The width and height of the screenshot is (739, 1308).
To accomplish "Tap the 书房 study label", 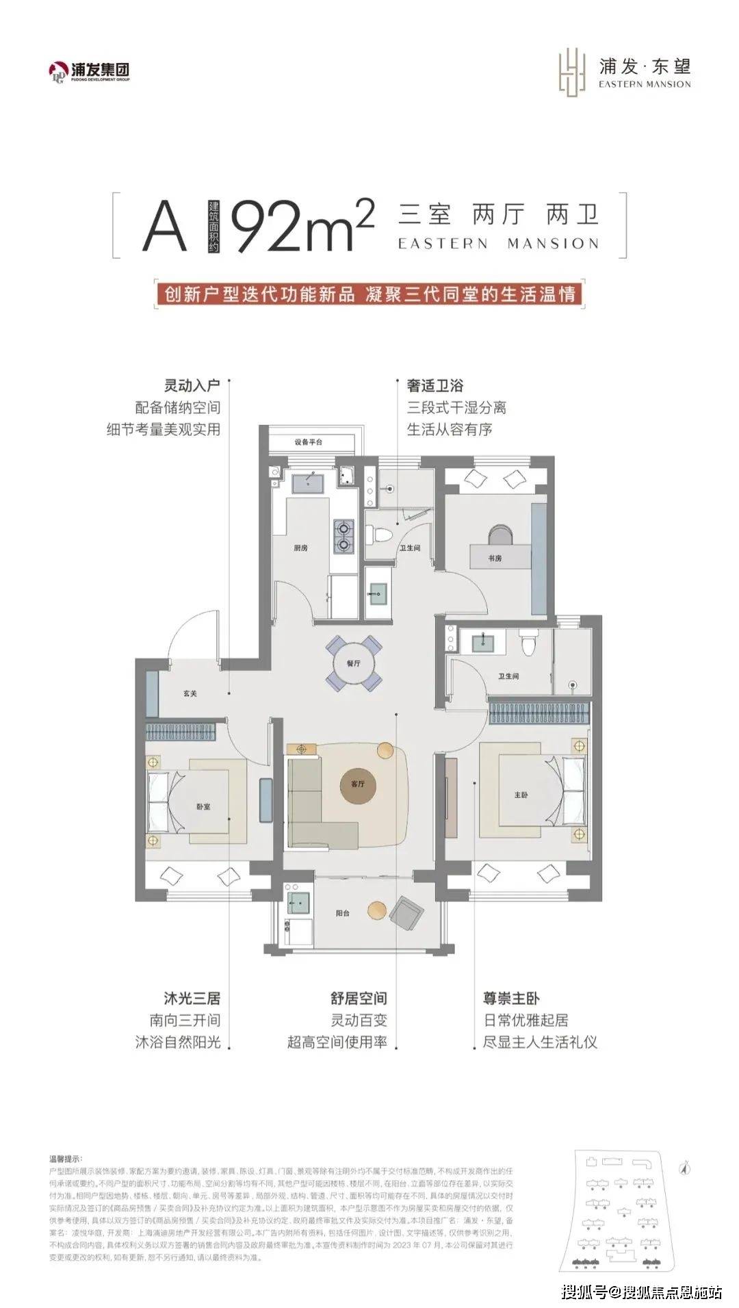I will point(495,559).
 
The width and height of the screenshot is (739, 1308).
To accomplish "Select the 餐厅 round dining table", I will point(353,663).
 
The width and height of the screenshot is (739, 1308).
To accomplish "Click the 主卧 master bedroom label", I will point(521,795).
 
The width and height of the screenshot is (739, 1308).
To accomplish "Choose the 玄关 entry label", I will point(190,693).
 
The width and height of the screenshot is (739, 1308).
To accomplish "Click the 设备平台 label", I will point(308,442).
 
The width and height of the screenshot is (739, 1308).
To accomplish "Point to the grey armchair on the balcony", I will point(407,912).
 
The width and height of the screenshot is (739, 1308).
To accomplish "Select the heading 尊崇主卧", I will point(512,999).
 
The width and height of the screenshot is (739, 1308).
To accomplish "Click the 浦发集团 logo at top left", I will point(89,70).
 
